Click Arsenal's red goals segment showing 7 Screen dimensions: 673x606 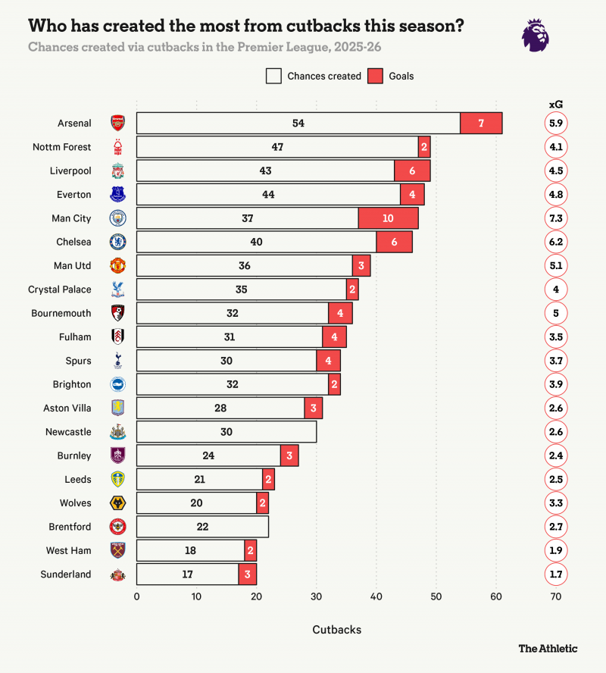tap(481, 123)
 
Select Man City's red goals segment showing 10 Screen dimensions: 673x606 tap(388, 218)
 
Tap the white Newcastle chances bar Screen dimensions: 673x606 tap(226, 432)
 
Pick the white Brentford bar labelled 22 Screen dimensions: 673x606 tap(202, 527)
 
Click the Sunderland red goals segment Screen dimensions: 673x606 tap(248, 574)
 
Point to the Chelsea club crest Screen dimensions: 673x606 tap(118, 242)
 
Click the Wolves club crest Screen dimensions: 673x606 tap(118, 503)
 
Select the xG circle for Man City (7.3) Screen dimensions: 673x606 tap(555, 218)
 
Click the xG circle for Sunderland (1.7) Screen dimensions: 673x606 tap(555, 574)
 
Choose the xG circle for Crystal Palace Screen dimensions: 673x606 tap(555, 290)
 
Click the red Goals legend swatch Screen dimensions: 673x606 tap(376, 76)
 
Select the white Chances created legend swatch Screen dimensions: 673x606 tap(273, 76)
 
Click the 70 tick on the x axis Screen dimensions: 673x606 tap(555, 597)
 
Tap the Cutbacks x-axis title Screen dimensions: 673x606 tap(336, 630)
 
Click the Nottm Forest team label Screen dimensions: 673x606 tap(62, 147)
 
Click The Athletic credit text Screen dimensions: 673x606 tap(547, 649)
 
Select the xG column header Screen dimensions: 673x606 tap(555, 105)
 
